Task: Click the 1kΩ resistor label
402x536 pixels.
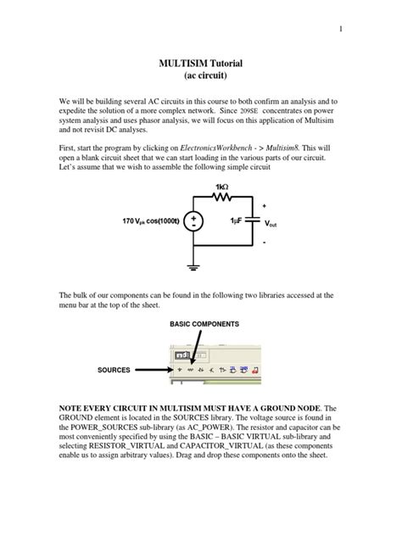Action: coord(221,187)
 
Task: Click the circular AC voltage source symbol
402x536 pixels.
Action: coord(194,221)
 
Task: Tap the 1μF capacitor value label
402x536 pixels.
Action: coord(237,221)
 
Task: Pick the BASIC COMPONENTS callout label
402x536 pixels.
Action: coord(204,324)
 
